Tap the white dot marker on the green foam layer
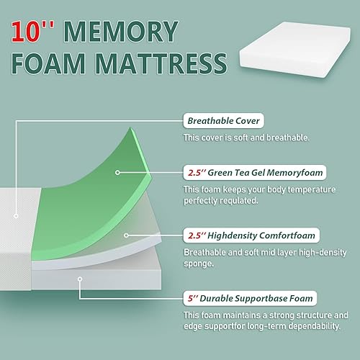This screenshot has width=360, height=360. [118, 173]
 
